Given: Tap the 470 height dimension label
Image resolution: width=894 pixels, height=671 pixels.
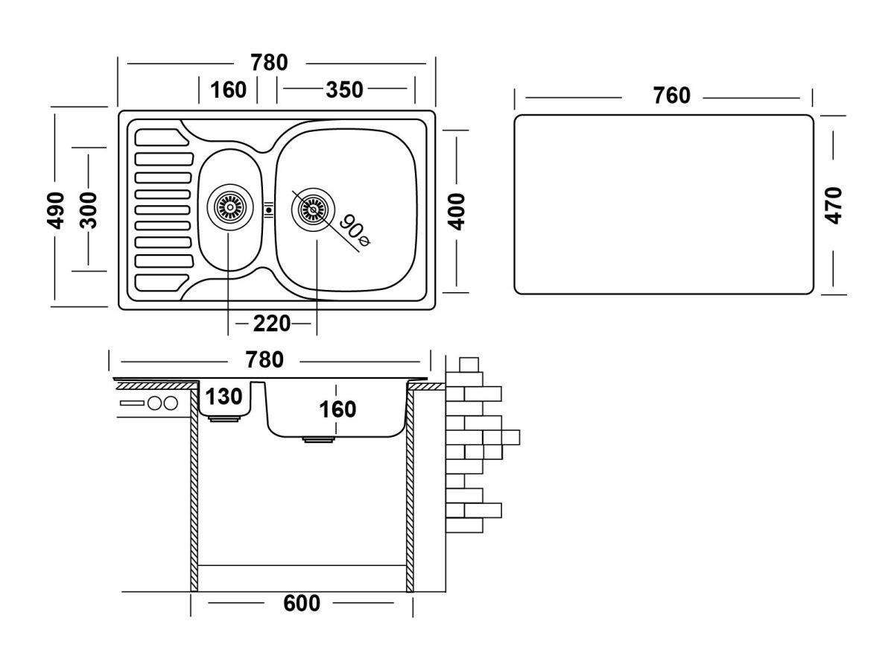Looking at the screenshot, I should point(834,205).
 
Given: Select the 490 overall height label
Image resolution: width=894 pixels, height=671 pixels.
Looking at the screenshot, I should point(56,211).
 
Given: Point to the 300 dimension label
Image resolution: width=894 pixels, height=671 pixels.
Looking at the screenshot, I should point(88,211).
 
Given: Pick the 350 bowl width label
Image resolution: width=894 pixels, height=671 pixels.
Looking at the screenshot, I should point(344,89).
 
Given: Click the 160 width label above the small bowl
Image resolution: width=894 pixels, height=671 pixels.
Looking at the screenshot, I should point(228,89).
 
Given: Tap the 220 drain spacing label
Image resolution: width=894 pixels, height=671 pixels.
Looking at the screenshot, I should point(271,324).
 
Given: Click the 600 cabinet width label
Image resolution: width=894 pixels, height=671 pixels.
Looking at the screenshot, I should point(301,602).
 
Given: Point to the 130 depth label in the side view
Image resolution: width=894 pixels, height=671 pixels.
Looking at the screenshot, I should point(224,397).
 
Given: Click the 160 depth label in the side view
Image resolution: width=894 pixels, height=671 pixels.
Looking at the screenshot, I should point(337,409).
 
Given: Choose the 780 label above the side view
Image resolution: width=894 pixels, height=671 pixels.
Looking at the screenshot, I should point(264,360).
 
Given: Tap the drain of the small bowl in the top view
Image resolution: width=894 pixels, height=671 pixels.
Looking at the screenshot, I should point(228,206).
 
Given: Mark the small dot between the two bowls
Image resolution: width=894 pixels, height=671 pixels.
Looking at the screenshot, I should point(268,210).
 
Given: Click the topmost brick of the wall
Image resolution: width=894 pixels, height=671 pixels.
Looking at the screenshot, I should point(469,364).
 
